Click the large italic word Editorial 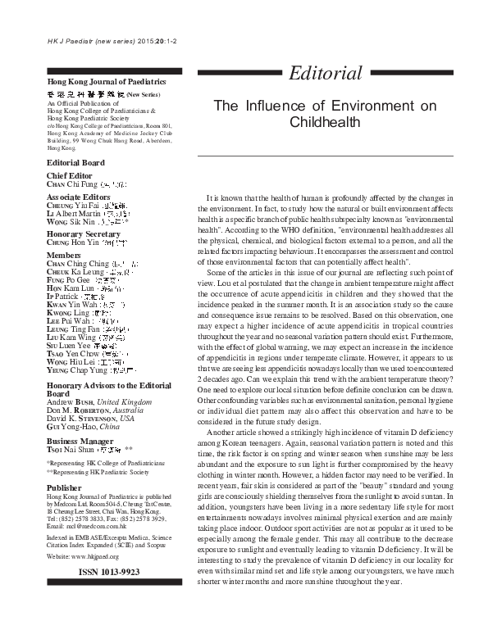pyautogui.click(x=325, y=73)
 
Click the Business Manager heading pyautogui.click(x=81, y=439)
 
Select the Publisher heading pyautogui.click(x=64, y=487)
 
